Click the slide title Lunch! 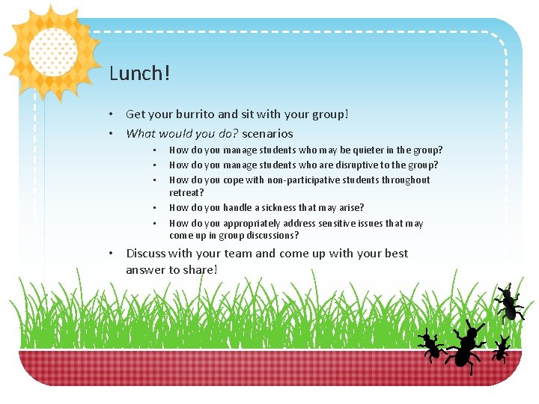click(x=140, y=73)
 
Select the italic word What click(x=141, y=134)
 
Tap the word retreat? click(x=187, y=193)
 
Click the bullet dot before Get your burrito click(x=109, y=114)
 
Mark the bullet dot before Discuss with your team click(x=109, y=254)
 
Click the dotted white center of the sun click(x=53, y=52)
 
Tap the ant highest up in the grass click(x=509, y=303)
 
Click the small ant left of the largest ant click(x=430, y=345)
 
